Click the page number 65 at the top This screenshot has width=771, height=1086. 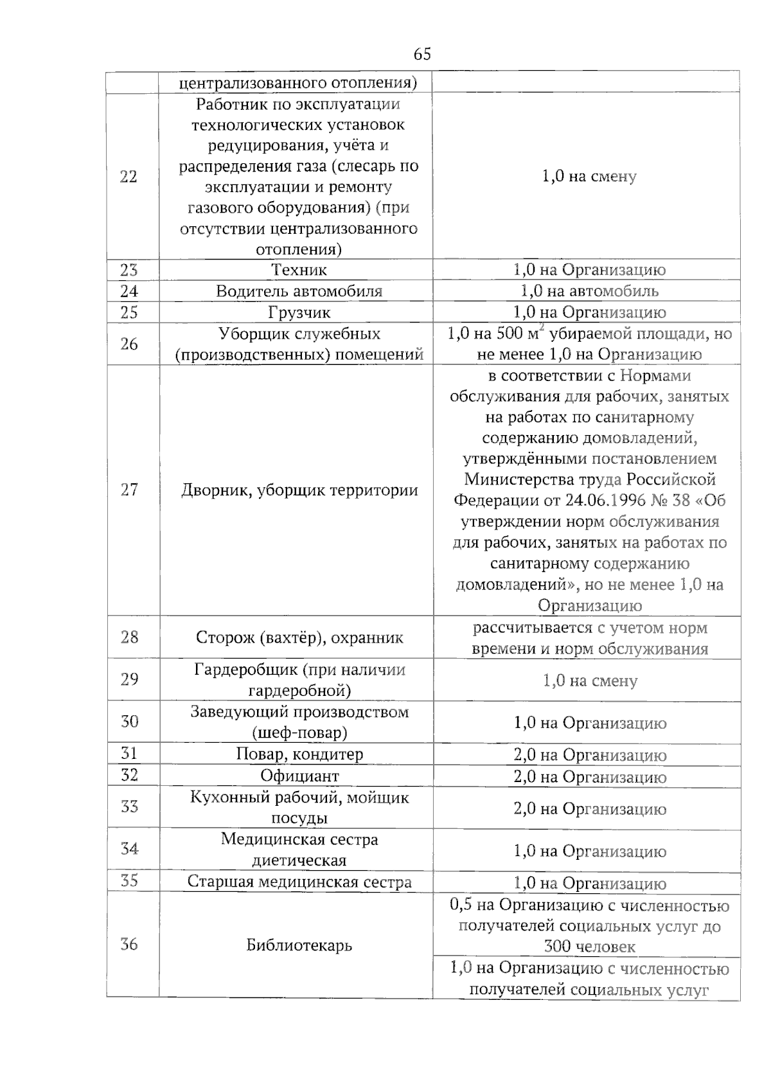click(422, 55)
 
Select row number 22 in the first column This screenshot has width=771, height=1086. click(128, 177)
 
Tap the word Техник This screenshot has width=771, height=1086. click(299, 270)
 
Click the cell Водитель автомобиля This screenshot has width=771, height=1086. click(299, 291)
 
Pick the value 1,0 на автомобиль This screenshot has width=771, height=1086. click(589, 291)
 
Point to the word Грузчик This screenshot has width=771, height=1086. click(299, 313)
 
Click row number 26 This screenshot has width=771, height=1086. click(128, 344)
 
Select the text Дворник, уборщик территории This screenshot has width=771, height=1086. click(299, 491)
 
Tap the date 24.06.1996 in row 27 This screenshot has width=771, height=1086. click(605, 501)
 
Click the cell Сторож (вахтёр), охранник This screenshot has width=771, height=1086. click(299, 638)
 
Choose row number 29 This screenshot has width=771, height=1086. click(129, 679)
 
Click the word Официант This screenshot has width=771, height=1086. click(299, 776)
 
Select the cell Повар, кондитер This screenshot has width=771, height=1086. click(299, 754)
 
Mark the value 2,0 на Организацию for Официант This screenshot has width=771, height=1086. click(589, 778)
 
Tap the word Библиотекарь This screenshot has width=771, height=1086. click(299, 946)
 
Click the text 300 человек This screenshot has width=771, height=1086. click(589, 947)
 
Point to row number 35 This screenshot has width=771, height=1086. click(129, 880)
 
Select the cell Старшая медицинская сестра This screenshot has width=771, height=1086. click(299, 882)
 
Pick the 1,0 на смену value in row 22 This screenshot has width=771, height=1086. click(589, 177)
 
